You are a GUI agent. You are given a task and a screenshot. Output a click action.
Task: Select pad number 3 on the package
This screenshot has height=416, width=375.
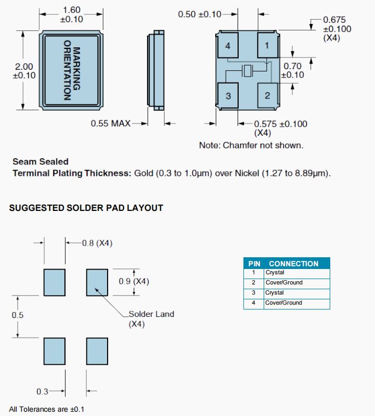coord(228,96)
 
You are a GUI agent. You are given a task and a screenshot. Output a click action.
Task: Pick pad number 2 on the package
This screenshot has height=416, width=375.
coord(267,96)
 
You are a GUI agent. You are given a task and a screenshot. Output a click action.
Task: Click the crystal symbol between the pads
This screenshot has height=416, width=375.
coord(247,71)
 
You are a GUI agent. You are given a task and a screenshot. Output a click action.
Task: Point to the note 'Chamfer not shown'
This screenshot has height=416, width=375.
coord(251,145)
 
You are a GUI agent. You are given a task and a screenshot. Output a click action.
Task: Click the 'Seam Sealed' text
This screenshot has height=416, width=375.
coord(40,161)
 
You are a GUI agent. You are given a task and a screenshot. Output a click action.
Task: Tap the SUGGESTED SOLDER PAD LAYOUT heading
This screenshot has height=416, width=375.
coord(86,208)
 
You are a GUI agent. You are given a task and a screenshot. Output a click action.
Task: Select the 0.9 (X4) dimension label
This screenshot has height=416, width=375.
coord(134,281)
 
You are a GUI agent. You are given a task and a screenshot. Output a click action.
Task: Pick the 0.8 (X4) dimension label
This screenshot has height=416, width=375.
coord(97,243)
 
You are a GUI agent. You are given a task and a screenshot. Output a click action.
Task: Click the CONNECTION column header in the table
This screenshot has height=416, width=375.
coord(294,264)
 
